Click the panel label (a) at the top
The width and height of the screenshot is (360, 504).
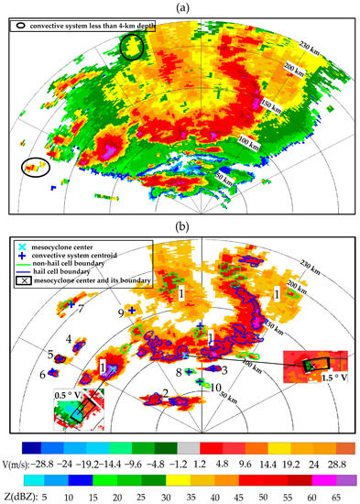180,7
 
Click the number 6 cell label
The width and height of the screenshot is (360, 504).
42,375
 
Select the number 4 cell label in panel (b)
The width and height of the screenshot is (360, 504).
70,340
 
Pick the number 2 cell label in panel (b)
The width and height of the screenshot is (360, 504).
164,393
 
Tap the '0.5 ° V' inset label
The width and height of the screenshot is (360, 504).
67,396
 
